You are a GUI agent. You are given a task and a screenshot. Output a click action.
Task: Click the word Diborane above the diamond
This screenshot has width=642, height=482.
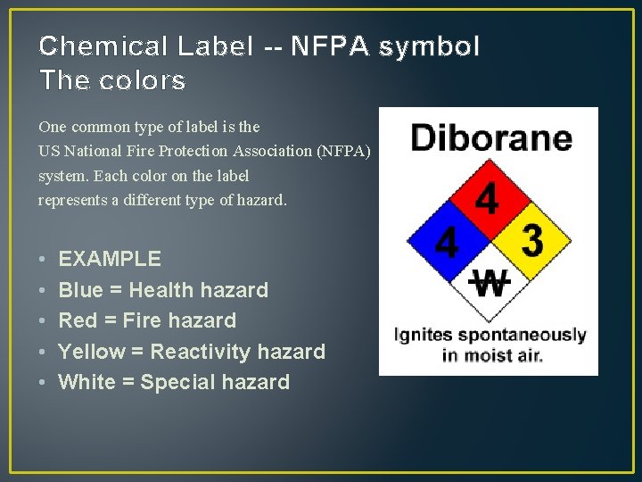pos(490,138)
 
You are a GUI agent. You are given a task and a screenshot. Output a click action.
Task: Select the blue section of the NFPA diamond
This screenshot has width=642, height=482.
pos(447,240)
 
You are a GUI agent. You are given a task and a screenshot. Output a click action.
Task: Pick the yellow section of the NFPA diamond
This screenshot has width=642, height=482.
pos(530,240)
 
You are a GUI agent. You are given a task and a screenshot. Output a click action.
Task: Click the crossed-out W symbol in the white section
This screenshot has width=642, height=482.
pos(489,283)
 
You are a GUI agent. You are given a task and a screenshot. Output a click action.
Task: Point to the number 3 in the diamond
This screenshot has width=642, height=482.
pos(532,240)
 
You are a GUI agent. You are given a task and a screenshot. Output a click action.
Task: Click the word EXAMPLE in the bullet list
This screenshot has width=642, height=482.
pos(110,260)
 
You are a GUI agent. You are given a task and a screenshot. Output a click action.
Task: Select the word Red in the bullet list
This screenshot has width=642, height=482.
pos(78,320)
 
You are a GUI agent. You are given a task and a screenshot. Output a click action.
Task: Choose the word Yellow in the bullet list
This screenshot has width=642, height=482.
pos(92,352)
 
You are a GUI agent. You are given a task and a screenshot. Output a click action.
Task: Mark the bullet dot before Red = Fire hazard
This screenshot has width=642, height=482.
pos(43,321)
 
